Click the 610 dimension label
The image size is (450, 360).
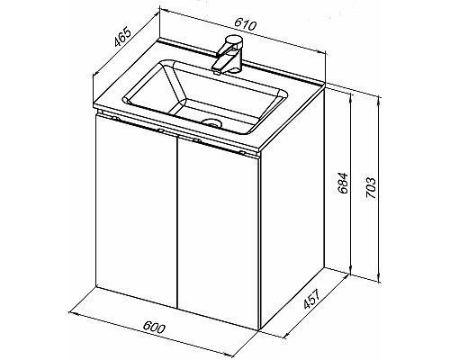pos(246,24)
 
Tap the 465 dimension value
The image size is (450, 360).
pos(122,37)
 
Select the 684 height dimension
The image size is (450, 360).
pos(342,183)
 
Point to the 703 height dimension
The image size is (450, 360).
pos(371,188)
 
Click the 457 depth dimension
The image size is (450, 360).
pos(312,299)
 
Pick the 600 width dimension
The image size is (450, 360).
pos(154,327)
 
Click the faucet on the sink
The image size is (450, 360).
pos(227,54)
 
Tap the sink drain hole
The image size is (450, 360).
pos(211,122)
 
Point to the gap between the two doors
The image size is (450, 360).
pos(177,222)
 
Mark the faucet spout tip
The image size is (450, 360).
pos(216,71)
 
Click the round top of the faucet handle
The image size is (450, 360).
pos(234,40)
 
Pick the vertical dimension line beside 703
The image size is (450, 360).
pos(379,189)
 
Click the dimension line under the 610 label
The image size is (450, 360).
pos(242,31)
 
